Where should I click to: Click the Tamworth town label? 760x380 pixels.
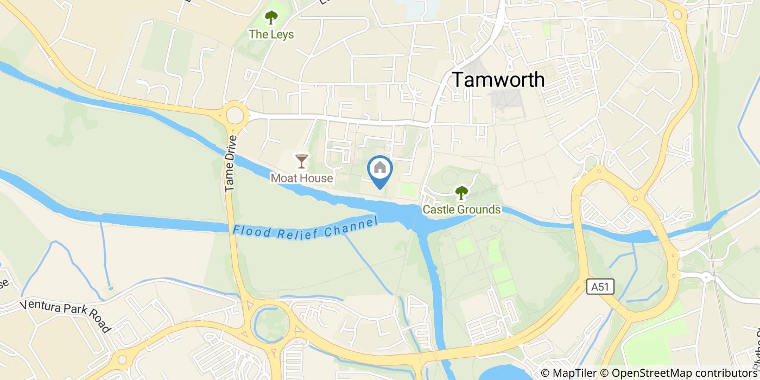(498, 80)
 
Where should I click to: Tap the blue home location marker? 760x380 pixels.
(380, 170)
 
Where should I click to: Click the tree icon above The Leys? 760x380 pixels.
(271, 18)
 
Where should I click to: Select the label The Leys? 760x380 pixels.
(271, 35)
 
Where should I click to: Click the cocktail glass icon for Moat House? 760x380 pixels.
(301, 161)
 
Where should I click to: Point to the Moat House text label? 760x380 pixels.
(301, 178)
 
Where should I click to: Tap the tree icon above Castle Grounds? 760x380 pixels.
(461, 192)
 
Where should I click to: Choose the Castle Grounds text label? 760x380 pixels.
(461, 210)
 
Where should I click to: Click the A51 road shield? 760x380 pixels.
(600, 287)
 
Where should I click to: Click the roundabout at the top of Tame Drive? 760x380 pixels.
(235, 115)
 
